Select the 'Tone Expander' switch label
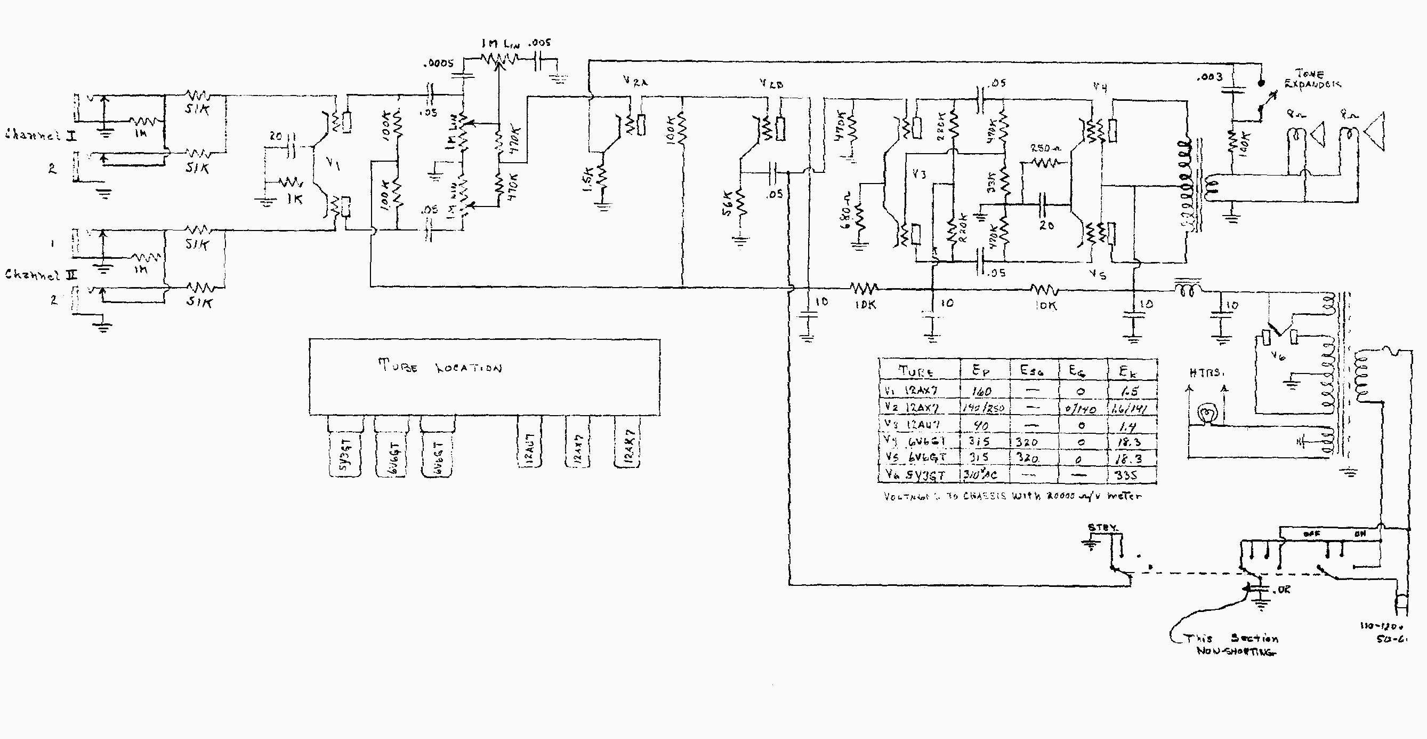click(1312, 79)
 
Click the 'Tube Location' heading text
click(440, 367)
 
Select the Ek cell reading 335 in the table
click(1127, 475)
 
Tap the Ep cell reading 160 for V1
click(981, 392)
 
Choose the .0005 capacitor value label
click(438, 63)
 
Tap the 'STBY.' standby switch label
click(1103, 527)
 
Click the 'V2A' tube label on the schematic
click(635, 81)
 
